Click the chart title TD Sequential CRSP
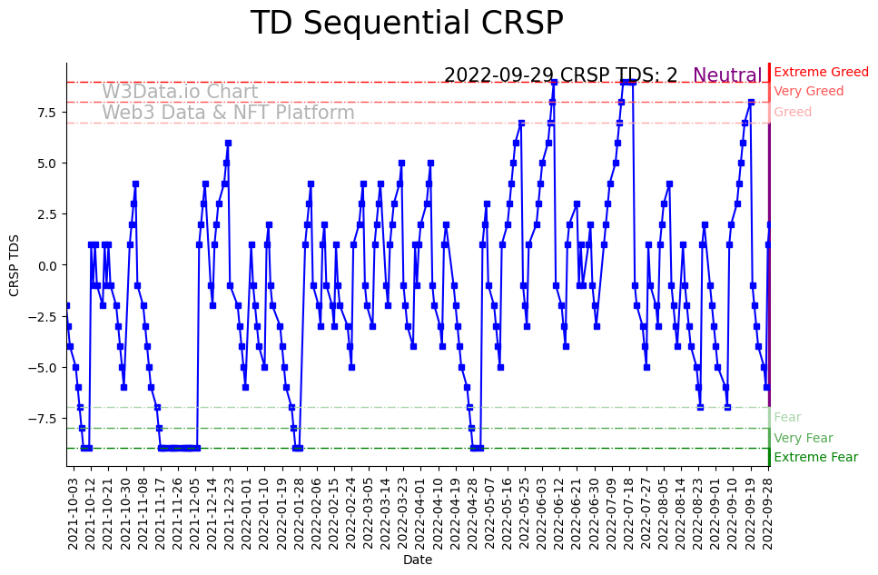[407, 24]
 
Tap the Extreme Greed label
[821, 72]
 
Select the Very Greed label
[808, 92]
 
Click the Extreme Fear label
[815, 457]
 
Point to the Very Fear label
[803, 438]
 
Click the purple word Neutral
[727, 75]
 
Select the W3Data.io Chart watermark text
[180, 92]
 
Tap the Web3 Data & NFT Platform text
[228, 113]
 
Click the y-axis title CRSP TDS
[14, 265]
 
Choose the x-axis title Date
[418, 560]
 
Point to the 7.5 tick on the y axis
[48, 112]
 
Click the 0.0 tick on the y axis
[48, 265]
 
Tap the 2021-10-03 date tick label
[73, 513]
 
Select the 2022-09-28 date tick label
[769, 513]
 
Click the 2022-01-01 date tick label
[245, 513]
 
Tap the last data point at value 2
[769, 224]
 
